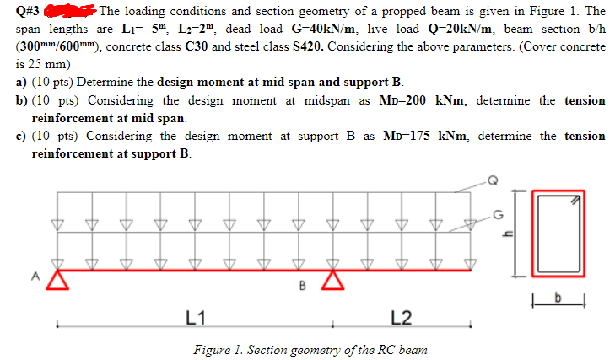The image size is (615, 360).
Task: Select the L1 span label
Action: point(194,316)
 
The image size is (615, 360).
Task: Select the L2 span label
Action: point(402,316)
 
